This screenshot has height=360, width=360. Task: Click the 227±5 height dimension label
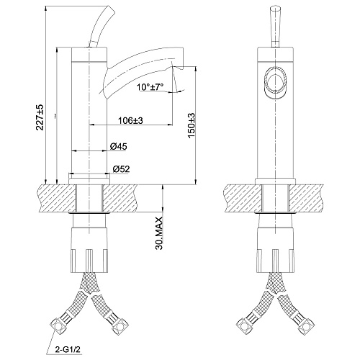(x=40, y=117)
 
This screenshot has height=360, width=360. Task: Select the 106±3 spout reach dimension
(x=130, y=120)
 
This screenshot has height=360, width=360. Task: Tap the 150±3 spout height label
(x=192, y=125)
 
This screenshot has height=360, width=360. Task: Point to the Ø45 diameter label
(x=118, y=146)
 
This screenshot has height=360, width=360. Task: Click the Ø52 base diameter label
(x=121, y=169)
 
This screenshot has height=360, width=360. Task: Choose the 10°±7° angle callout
(x=150, y=86)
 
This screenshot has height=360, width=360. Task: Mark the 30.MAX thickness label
(x=159, y=233)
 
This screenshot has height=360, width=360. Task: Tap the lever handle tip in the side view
(x=110, y=9)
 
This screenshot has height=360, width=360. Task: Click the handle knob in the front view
(x=275, y=23)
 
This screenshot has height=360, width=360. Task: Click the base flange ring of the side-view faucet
(x=89, y=181)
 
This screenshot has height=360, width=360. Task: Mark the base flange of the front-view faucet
(x=275, y=181)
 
